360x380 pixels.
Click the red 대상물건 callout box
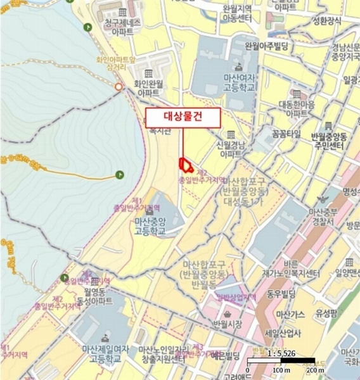(183, 117)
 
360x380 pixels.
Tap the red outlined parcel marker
(186, 165)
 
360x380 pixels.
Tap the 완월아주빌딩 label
(267, 46)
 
